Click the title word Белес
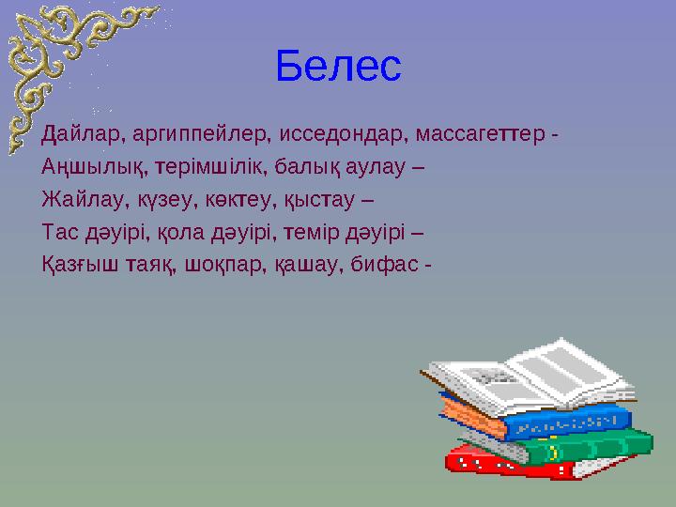(338, 65)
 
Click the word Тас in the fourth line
(57, 231)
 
